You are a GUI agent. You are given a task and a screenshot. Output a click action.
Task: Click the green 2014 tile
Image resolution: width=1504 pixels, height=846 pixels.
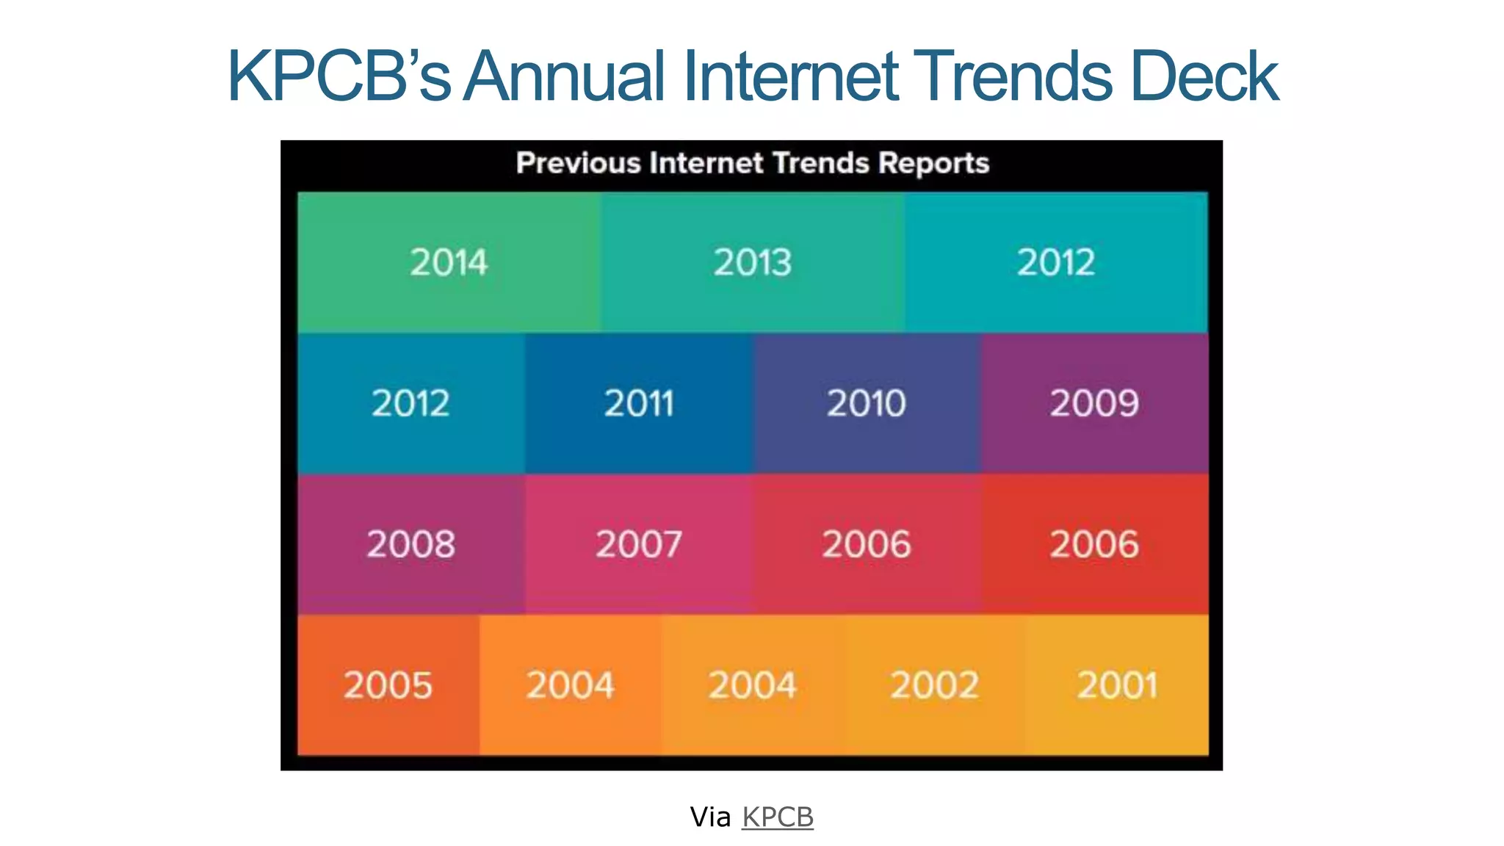click(449, 262)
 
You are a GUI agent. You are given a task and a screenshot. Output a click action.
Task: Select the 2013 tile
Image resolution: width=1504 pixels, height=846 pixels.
click(752, 262)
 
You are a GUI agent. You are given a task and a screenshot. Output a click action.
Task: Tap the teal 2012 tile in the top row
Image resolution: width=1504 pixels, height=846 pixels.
click(1055, 262)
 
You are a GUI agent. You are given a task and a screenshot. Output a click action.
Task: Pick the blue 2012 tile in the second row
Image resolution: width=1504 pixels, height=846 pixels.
click(411, 403)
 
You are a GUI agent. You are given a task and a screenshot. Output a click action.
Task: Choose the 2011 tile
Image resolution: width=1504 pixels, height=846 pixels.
click(639, 403)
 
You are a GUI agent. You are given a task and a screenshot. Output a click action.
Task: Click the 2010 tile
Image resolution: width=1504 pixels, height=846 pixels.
click(867, 403)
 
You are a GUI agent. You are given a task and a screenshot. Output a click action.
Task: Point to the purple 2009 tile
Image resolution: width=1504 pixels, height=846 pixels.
click(1094, 403)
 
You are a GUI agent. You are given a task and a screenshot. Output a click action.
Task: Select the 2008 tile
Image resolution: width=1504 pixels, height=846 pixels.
click(411, 544)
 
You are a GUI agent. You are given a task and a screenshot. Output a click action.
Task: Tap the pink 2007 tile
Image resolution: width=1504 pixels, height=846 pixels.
click(639, 544)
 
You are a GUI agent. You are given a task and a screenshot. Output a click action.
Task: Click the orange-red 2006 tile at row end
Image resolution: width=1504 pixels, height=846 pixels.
click(1094, 544)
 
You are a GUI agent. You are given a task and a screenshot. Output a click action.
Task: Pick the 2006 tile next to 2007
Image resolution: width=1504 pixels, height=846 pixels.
click(867, 544)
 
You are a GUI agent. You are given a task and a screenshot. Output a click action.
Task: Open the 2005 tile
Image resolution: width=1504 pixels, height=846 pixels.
click(388, 685)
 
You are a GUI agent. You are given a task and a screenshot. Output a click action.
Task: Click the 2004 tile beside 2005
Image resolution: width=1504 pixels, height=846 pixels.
click(570, 685)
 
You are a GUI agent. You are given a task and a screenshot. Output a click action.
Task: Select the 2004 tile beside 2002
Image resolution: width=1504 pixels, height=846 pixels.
click(752, 685)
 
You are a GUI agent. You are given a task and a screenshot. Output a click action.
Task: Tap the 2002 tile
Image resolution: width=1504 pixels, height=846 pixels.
click(934, 685)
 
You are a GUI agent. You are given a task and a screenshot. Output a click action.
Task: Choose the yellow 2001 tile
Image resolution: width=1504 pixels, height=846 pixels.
click(1116, 685)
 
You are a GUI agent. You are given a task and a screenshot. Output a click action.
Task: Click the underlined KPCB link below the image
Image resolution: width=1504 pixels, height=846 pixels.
click(778, 817)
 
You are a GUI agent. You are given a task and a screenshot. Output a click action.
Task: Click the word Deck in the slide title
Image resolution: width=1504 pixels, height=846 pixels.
click(1204, 76)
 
